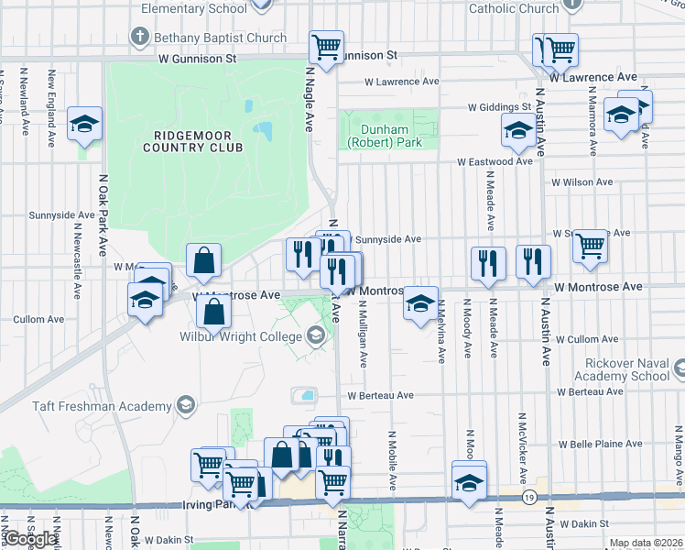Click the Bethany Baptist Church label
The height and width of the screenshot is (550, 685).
(x=220, y=38)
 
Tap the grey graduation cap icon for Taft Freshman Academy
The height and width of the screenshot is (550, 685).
(x=186, y=405)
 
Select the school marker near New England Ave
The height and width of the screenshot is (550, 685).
(x=84, y=124)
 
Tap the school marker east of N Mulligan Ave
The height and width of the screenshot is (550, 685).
(x=420, y=302)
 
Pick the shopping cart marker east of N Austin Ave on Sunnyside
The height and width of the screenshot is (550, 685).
(x=591, y=245)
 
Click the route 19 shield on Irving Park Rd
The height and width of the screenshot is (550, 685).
(x=529, y=497)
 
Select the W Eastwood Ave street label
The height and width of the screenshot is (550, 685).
(x=495, y=161)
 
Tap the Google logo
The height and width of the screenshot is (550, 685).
(x=32, y=539)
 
